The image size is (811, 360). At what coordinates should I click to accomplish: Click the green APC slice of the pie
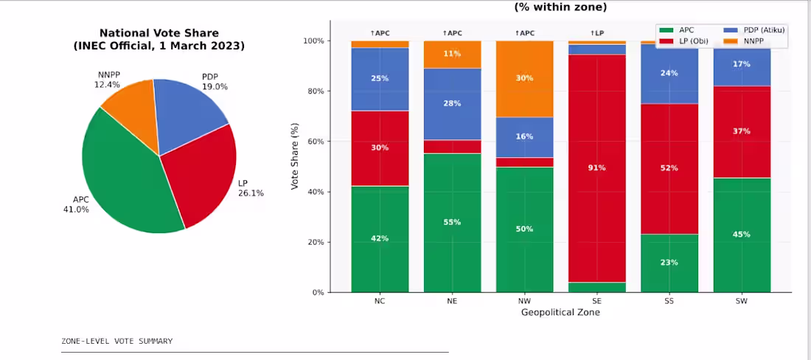(x=124, y=176)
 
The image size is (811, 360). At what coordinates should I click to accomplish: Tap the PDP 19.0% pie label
(x=215, y=82)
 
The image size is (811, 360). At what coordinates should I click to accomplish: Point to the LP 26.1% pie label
(x=251, y=188)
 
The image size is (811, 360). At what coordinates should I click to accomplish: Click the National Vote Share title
(x=159, y=39)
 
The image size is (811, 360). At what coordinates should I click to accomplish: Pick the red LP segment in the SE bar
(x=597, y=168)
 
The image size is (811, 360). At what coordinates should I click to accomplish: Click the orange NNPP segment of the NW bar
(x=524, y=79)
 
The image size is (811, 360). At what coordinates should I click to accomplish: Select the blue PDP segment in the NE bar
(x=452, y=104)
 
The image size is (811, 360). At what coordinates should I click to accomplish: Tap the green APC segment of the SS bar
(x=669, y=263)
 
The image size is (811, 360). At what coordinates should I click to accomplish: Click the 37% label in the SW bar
(x=742, y=131)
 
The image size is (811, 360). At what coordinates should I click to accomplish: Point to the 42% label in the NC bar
(x=380, y=238)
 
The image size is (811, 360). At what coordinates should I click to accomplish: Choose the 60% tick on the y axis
(x=316, y=141)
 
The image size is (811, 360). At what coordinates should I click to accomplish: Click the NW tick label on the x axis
(x=524, y=301)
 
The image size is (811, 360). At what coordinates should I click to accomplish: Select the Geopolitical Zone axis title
(x=560, y=312)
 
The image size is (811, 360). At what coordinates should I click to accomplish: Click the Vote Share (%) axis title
(x=296, y=156)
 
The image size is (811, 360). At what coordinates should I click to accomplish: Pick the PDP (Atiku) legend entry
(x=750, y=30)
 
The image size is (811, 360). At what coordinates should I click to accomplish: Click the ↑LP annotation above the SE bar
(x=597, y=33)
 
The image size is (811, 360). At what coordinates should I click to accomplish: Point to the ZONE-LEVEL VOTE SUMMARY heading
(x=117, y=342)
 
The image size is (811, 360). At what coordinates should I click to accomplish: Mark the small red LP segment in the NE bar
(x=452, y=147)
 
